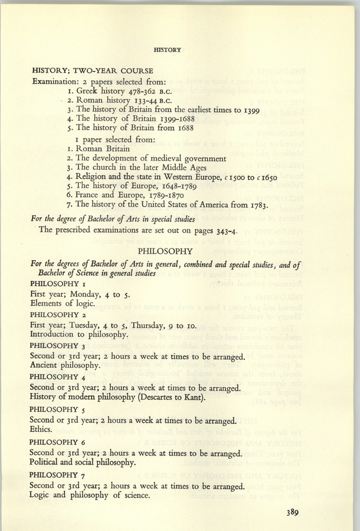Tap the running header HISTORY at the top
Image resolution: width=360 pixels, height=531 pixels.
167,50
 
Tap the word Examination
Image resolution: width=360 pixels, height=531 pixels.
59,81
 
